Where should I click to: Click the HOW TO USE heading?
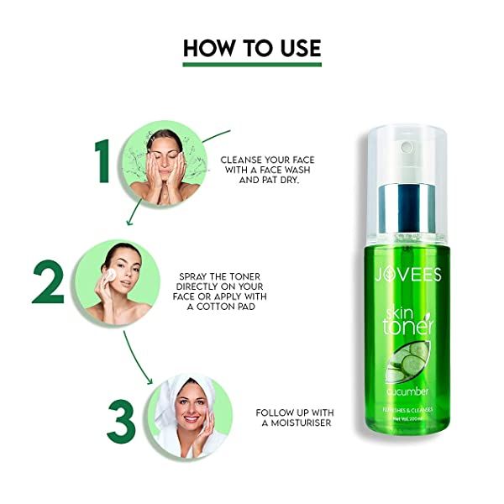(252, 47)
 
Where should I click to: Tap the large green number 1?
(104, 161)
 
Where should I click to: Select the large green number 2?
(49, 282)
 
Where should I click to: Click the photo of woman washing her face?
(165, 163)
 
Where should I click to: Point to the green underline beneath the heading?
(252, 64)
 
